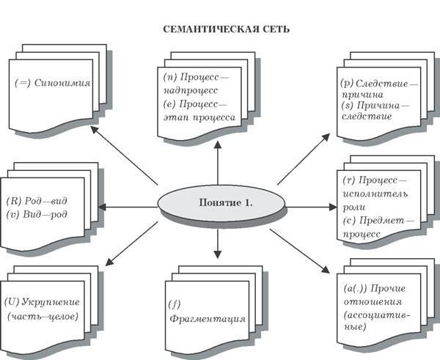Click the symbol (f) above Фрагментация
(173, 301)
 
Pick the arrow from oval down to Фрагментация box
(218, 242)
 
